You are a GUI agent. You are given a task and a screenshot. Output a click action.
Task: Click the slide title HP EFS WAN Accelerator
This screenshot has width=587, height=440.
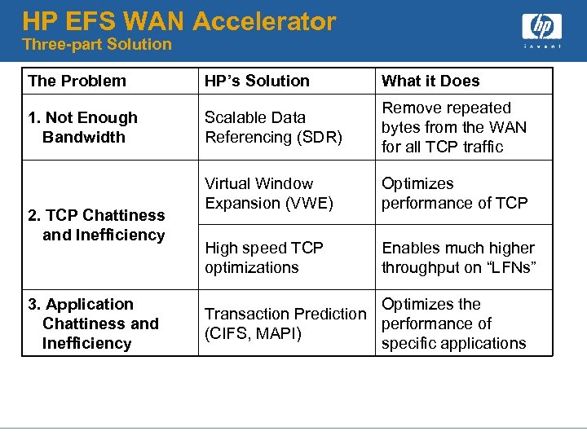(179, 20)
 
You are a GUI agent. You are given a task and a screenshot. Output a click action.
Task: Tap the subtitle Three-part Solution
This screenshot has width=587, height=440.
(97, 44)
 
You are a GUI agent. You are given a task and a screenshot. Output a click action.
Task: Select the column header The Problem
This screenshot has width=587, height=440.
(77, 81)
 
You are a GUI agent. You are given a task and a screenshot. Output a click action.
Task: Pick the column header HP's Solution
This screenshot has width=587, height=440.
(257, 81)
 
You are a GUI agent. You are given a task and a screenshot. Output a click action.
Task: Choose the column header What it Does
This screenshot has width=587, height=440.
(430, 81)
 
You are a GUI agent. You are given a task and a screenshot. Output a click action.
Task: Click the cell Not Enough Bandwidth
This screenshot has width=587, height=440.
(82, 127)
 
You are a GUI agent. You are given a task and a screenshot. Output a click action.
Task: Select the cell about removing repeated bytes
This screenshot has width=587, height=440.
(454, 127)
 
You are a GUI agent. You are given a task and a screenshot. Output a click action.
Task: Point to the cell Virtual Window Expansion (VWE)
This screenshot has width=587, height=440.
(269, 193)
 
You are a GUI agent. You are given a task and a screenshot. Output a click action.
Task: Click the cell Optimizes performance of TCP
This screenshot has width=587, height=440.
(455, 193)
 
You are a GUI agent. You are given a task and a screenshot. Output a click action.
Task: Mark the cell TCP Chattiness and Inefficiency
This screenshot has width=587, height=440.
(96, 225)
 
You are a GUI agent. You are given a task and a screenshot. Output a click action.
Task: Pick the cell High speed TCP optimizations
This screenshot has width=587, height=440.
(264, 257)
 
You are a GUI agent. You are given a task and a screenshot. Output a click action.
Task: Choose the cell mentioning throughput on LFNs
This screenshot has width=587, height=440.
(458, 257)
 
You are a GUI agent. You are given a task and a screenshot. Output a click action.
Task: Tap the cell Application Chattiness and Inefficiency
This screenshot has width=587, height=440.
(93, 323)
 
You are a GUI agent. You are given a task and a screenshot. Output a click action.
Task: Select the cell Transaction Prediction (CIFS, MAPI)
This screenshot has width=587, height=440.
(285, 323)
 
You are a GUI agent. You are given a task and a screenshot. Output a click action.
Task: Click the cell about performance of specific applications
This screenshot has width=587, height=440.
(454, 323)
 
